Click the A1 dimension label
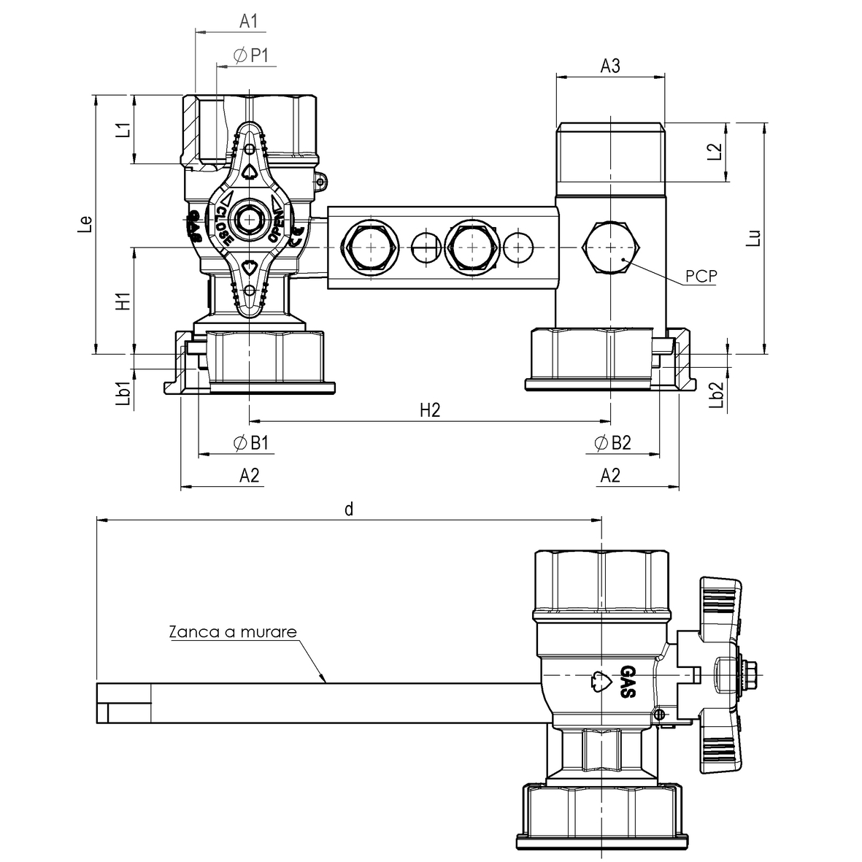[248, 21]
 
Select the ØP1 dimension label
[250, 55]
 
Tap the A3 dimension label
[609, 66]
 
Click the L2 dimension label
[714, 152]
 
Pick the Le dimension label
[85, 224]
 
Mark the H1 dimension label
[124, 301]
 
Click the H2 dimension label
[430, 410]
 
